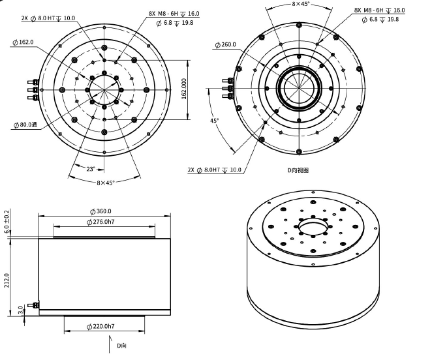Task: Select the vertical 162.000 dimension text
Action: (x=185, y=89)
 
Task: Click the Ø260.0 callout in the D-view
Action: (x=226, y=45)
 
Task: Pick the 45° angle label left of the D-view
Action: (x=214, y=121)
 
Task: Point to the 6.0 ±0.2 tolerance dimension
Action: (x=7, y=222)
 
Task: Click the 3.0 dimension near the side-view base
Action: (x=21, y=308)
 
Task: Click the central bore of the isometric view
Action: (x=311, y=230)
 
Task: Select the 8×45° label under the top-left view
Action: (x=105, y=183)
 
